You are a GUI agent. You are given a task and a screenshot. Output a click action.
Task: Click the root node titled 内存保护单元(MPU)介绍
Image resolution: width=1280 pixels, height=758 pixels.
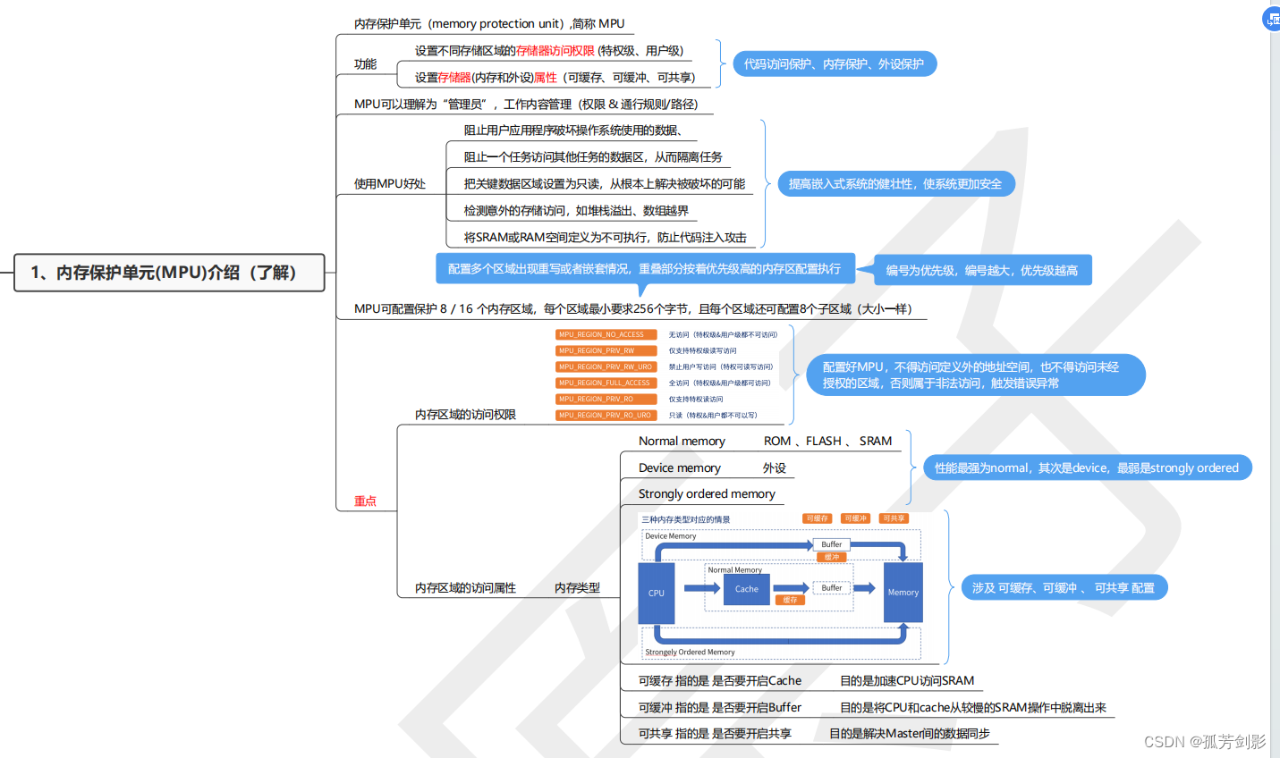pos(169,273)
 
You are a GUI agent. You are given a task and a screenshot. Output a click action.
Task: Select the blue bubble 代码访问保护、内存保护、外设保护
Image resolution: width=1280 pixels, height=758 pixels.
pos(834,64)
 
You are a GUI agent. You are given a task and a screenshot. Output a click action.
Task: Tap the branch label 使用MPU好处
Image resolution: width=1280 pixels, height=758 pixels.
pos(390,184)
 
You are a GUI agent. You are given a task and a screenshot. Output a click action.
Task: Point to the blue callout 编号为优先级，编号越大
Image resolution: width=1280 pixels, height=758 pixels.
pos(981,271)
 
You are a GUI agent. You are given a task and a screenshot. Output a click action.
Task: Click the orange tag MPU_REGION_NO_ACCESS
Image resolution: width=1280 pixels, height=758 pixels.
pos(606,335)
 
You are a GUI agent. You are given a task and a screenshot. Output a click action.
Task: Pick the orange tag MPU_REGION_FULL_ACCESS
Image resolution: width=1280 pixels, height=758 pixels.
pos(606,383)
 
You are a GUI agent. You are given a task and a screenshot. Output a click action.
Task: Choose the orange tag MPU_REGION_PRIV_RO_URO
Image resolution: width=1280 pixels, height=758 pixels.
pos(606,416)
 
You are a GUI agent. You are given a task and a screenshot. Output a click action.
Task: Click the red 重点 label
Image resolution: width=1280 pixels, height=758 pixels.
pos(365,501)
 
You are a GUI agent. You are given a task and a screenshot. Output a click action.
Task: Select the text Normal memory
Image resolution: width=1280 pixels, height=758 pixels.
pos(682,442)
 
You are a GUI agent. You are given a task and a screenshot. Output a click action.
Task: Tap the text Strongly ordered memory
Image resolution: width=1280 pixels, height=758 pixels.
pos(707,494)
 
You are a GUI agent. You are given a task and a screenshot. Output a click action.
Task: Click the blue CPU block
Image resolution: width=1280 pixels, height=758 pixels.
pos(657,593)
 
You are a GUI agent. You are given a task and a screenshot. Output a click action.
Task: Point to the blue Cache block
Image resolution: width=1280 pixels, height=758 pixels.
pos(747,589)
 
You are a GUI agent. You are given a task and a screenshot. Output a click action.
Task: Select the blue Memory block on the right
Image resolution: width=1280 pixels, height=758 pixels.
pos(903,592)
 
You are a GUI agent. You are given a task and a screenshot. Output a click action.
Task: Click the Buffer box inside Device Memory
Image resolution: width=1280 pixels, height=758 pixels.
pos(831,544)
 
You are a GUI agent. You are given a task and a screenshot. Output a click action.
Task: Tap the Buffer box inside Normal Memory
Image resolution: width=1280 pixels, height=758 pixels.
pos(831,588)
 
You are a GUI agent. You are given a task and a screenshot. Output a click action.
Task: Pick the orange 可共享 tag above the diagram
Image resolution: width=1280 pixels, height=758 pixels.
pos(894,518)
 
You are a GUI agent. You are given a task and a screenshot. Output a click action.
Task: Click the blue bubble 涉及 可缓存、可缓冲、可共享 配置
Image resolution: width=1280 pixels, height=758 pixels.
pos(1064,588)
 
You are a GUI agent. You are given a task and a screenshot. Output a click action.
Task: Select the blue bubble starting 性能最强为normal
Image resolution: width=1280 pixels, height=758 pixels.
pos(1086,468)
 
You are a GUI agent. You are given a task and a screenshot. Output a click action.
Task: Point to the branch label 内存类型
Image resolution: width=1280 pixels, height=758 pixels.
pos(577,588)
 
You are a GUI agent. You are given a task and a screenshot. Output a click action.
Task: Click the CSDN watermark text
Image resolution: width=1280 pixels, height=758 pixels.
pos(1204,742)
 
